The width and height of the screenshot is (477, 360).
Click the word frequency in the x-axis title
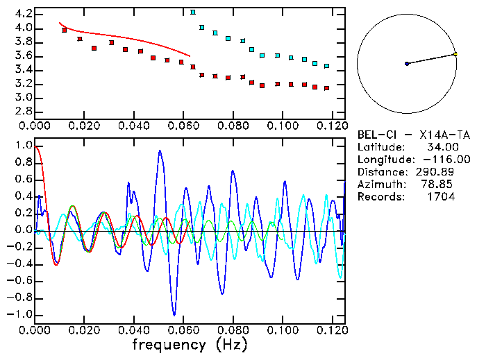tap(170, 344)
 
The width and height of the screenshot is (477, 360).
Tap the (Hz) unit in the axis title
tap(228, 344)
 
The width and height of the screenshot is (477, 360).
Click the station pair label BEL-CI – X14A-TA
tap(406, 135)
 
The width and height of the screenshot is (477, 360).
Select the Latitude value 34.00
tap(442, 147)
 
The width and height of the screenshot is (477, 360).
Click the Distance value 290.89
tap(439, 172)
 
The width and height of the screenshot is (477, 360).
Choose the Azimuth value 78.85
tap(442, 185)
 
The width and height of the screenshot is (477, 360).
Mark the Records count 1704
tap(442, 197)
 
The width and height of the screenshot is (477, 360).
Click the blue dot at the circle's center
tap(407, 64)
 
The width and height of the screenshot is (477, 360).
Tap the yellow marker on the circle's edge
tap(455, 53)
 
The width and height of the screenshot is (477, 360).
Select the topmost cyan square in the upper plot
tap(193, 12)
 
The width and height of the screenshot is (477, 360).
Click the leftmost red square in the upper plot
tap(65, 31)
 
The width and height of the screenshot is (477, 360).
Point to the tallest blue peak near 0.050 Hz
tap(161, 151)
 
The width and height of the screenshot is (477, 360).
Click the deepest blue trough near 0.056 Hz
tap(175, 314)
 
